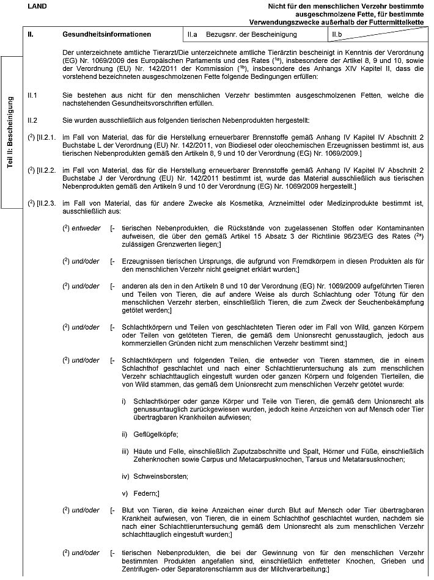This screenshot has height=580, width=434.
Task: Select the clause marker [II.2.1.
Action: pos(48,139)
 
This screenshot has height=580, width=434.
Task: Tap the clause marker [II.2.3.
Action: pos(48,202)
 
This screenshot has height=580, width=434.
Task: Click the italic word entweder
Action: pos(83,227)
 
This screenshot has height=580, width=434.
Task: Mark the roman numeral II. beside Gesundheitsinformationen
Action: pos(31,34)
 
